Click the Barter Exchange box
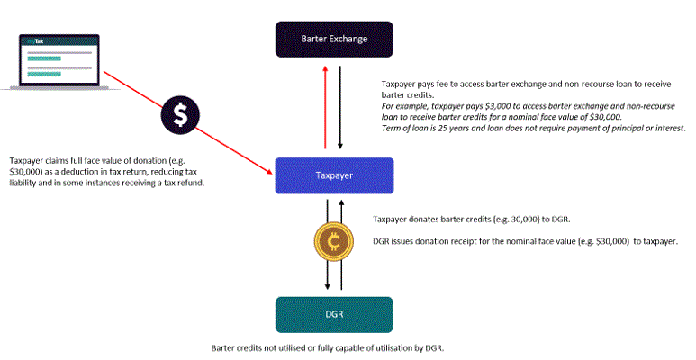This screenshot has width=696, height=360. tap(333, 40)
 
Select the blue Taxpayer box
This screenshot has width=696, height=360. tap(333, 175)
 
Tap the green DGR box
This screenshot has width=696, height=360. tap(333, 314)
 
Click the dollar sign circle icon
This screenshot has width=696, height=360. tap(181, 114)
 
